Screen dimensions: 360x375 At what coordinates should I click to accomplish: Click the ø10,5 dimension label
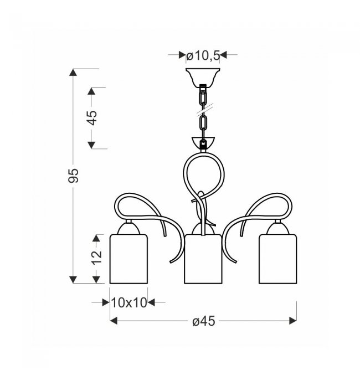tap(203, 56)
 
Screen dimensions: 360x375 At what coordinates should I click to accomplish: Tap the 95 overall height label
tap(73, 176)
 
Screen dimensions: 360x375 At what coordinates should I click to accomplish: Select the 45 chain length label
tap(91, 118)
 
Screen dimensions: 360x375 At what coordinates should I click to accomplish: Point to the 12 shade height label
tap(96, 258)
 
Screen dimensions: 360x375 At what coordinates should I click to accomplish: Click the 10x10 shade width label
tap(128, 303)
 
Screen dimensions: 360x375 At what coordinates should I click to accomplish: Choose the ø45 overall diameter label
tap(204, 321)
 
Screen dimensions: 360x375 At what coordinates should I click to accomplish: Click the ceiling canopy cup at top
tap(203, 76)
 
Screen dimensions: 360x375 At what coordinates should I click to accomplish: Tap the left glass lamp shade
tap(128, 259)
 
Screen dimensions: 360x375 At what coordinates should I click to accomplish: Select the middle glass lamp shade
tap(203, 259)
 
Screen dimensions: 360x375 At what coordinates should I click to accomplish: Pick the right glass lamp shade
tap(277, 259)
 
